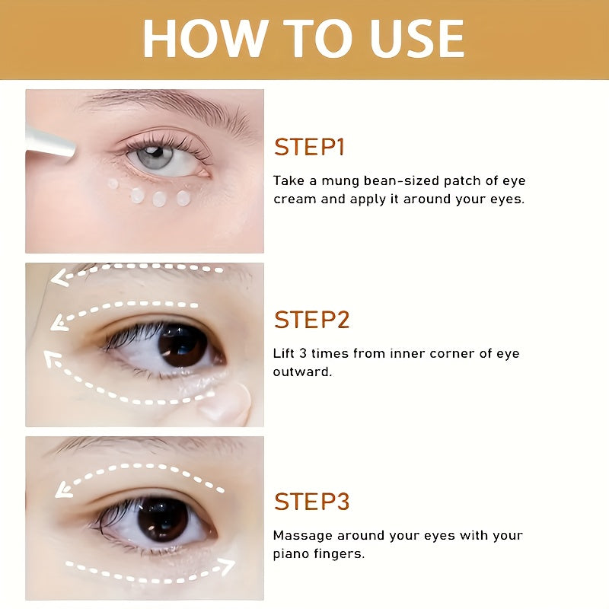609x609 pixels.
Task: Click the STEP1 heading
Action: (309, 147)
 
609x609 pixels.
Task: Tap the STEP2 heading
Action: (311, 320)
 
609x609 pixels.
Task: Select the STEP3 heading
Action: (311, 502)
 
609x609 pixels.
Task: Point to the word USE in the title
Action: (418, 39)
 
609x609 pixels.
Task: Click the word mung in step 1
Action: (338, 181)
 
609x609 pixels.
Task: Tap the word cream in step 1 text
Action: (295, 199)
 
